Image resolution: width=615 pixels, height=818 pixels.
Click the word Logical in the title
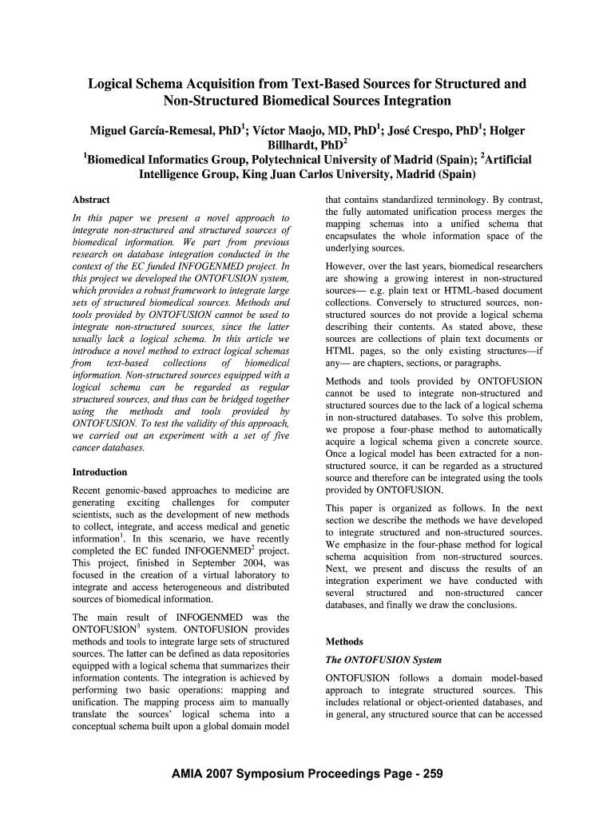pyautogui.click(x=113, y=84)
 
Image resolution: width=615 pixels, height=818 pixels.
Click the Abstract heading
pyautogui.click(x=91, y=200)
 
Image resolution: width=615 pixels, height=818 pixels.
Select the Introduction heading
pyautogui.click(x=100, y=472)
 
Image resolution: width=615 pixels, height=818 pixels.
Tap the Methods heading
pyautogui.click(x=344, y=641)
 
